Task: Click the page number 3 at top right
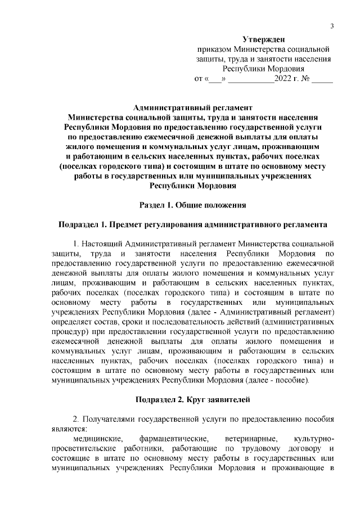click(x=332, y=26)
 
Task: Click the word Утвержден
click(x=263, y=39)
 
